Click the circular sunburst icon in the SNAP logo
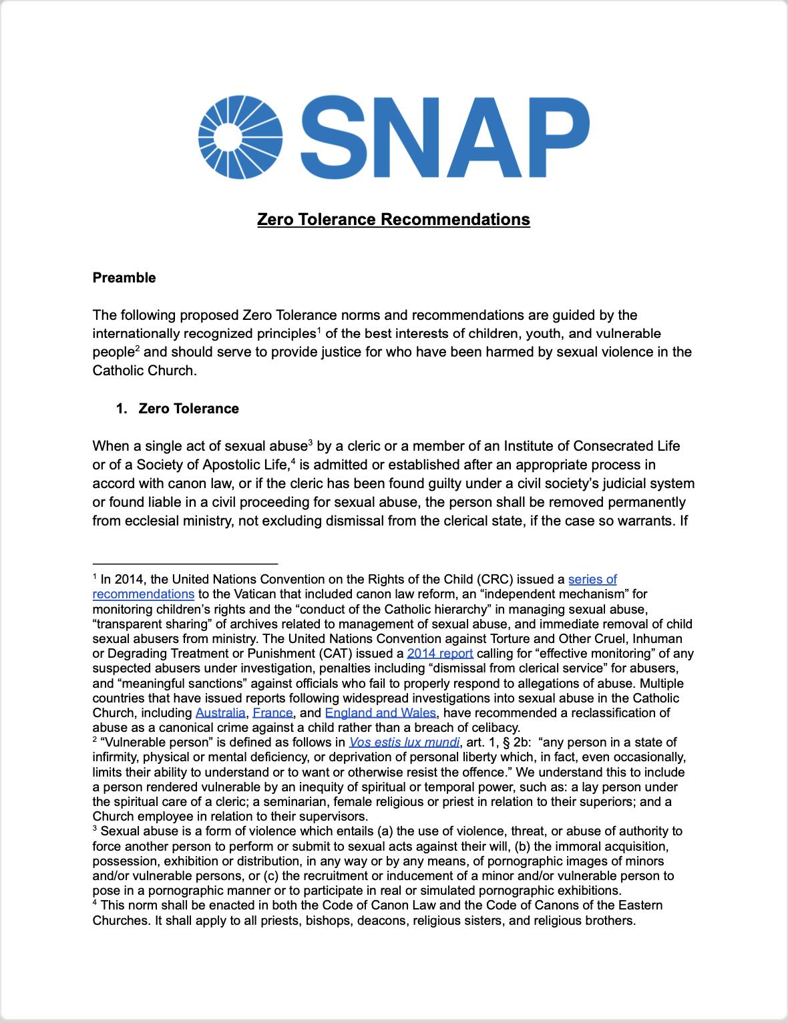click(240, 138)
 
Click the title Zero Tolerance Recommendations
click(393, 220)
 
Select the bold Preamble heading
click(124, 278)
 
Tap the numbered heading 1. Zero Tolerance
click(178, 409)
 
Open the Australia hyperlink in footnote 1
click(220, 713)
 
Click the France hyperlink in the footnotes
click(272, 713)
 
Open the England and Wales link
click(380, 713)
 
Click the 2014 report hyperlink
click(440, 654)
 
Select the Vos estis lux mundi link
click(404, 743)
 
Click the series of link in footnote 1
click(592, 580)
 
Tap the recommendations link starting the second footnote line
click(143, 594)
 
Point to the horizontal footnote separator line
click(185, 564)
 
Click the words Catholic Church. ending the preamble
click(144, 371)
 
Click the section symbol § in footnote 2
click(505, 743)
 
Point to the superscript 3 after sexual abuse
click(311, 442)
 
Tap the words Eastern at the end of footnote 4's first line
click(640, 905)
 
